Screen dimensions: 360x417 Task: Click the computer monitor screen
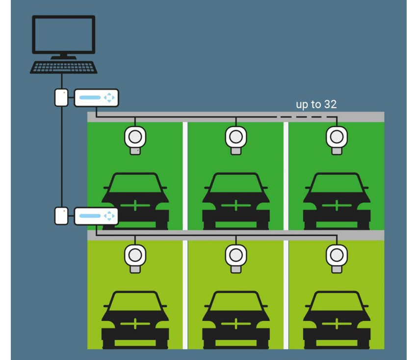(63, 34)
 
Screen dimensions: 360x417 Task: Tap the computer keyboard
(64, 67)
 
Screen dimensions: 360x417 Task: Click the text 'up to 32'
(316, 104)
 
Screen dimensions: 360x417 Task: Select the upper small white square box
(61, 98)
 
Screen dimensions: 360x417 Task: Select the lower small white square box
(61, 216)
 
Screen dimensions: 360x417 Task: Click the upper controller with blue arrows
(96, 98)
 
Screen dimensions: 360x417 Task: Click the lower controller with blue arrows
(96, 216)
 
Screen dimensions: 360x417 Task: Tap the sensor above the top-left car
(135, 137)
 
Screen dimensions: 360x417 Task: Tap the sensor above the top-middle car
(236, 137)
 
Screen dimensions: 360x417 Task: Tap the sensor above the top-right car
(337, 137)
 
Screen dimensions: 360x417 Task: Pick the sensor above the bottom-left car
(135, 256)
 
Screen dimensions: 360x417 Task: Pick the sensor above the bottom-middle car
(236, 256)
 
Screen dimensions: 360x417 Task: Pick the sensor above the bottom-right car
(337, 256)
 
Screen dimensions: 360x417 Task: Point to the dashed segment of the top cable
(302, 117)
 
